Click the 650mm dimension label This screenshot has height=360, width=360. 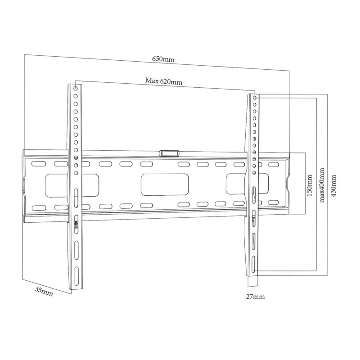click(163, 59)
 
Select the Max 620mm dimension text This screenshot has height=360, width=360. click(164, 81)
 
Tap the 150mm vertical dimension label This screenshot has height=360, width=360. click(310, 185)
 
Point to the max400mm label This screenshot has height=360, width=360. click(322, 185)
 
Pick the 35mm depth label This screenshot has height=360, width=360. click(44, 291)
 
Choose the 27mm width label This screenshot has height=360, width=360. click(255, 297)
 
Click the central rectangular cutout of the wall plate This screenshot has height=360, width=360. click(165, 185)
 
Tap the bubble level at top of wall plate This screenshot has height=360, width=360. click(169, 153)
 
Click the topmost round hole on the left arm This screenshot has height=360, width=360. click(75, 88)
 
